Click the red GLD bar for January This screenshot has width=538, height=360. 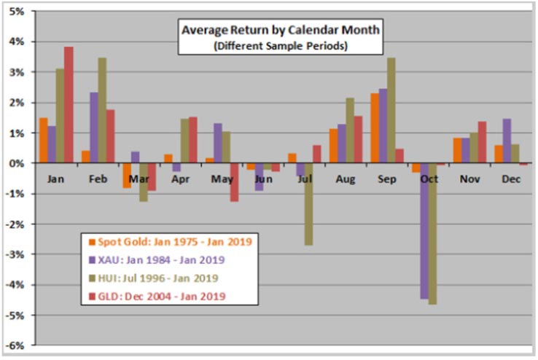[69, 105]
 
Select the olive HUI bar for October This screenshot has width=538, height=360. [433, 233]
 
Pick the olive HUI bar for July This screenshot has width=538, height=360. [309, 204]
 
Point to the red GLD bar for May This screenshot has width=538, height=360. [234, 182]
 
